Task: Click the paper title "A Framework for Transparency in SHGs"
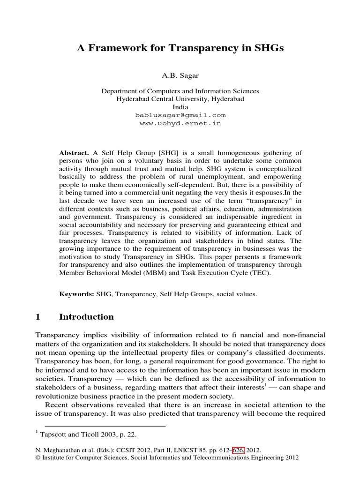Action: point(180,48)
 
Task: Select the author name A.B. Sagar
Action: point(180,75)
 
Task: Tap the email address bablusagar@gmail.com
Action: point(180,115)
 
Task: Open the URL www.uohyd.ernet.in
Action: point(180,124)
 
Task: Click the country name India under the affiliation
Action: point(180,107)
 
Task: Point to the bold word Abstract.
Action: point(74,153)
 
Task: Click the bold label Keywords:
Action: point(76,294)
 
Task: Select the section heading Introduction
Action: point(86,317)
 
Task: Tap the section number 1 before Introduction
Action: point(38,317)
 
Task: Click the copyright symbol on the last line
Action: point(38,458)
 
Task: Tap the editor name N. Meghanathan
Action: point(60,450)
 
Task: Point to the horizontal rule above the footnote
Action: point(101,426)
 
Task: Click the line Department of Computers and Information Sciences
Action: point(180,91)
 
